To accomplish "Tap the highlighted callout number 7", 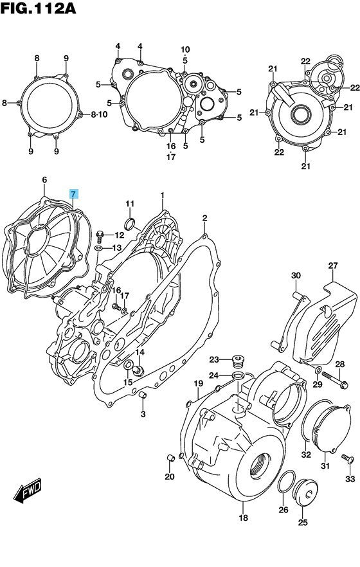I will point(74,194).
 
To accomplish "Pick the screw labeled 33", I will point(347,458).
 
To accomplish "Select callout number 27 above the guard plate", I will point(332,266).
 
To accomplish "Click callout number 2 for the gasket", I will point(204,219).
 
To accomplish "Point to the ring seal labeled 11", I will point(130,224).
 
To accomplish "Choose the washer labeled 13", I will point(98,248).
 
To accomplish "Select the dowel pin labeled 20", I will point(169,457).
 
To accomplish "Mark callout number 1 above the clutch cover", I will point(163,195).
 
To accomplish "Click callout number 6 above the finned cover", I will point(44,181).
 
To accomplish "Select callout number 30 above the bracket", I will point(296,276).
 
